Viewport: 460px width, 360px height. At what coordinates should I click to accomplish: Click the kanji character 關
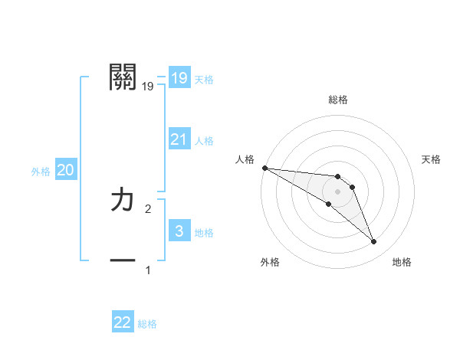pos(123,77)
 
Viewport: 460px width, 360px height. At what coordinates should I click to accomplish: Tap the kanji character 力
pos(123,201)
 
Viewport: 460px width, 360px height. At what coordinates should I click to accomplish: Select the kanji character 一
pos(123,261)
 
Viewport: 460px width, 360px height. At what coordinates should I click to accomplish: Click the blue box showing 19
pos(179,78)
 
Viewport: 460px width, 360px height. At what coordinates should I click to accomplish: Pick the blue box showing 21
pos(179,139)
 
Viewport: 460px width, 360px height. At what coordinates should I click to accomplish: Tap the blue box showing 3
pos(179,231)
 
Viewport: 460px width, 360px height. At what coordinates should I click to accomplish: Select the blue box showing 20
pos(65,171)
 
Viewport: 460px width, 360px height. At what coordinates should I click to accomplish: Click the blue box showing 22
pos(123,322)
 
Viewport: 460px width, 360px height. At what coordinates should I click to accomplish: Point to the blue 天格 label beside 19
pos(204,80)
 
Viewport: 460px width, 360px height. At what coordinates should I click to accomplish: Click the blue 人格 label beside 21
pos(204,141)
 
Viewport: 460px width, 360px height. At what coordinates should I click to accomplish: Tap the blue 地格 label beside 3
pos(204,233)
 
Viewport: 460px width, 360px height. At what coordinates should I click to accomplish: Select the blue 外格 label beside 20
pos(41,172)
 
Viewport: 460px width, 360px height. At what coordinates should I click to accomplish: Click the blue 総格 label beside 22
pos(147,324)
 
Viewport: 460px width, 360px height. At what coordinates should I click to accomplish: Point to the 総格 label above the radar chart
pos(338,100)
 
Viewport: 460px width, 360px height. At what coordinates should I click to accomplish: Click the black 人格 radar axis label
pos(245,159)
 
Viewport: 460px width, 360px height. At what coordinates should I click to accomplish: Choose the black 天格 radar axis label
pos(431,159)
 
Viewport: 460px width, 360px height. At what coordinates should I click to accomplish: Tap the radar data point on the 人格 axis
pos(264,168)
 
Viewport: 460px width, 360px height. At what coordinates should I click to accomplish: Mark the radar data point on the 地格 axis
pos(373,242)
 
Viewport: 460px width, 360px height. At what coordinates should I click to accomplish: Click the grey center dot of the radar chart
pos(337,191)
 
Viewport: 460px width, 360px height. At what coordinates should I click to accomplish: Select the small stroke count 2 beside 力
pos(148,208)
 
